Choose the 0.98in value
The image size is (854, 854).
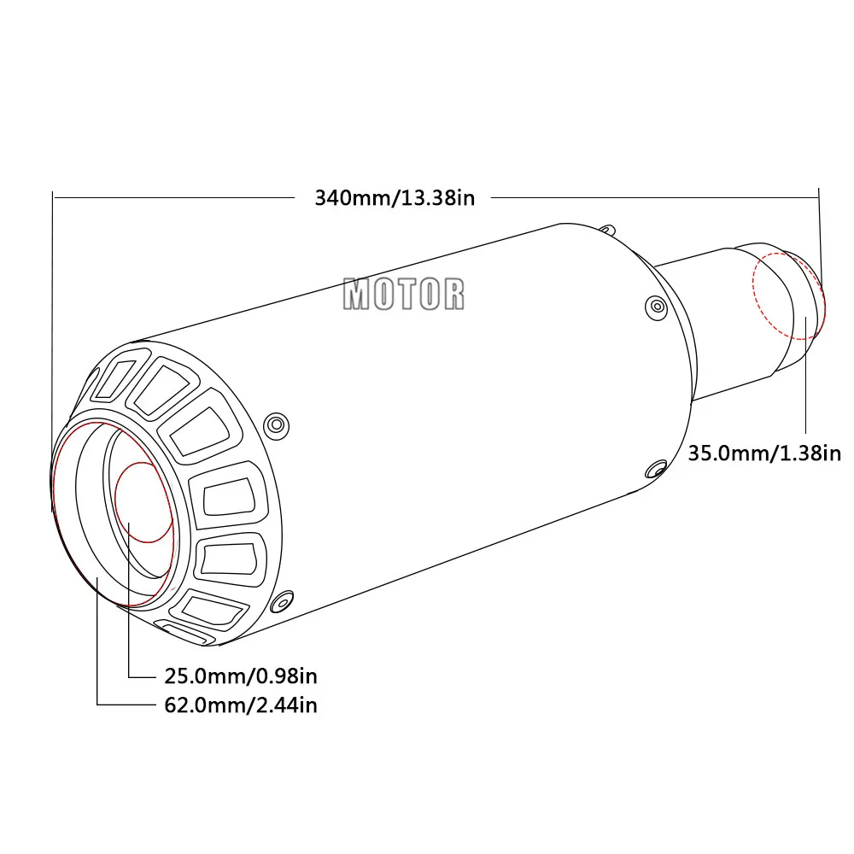[x=286, y=676]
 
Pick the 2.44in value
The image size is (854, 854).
[x=286, y=705]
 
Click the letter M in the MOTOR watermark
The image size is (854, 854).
[x=356, y=294]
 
